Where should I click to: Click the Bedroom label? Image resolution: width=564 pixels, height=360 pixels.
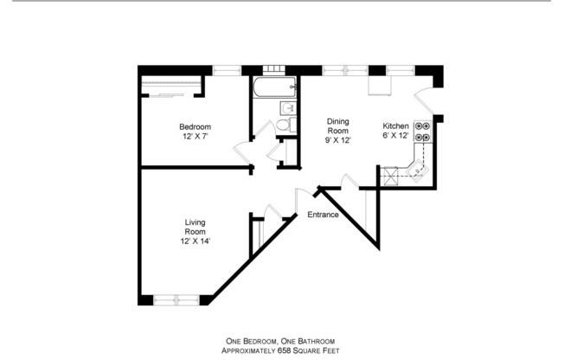(x=195, y=126)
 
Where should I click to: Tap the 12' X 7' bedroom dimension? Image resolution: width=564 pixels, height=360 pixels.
(x=195, y=136)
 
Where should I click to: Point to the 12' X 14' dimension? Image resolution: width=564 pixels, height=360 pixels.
(x=195, y=241)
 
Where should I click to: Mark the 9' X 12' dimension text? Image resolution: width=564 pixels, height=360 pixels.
(x=337, y=140)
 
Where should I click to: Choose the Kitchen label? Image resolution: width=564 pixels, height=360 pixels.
(x=395, y=126)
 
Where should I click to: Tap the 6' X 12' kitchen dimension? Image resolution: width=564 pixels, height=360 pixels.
(x=395, y=136)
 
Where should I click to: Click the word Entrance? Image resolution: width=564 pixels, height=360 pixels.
(x=322, y=215)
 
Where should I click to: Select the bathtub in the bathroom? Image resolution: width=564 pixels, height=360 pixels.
(x=272, y=87)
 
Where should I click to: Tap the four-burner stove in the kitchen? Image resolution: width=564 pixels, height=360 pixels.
(x=423, y=131)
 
